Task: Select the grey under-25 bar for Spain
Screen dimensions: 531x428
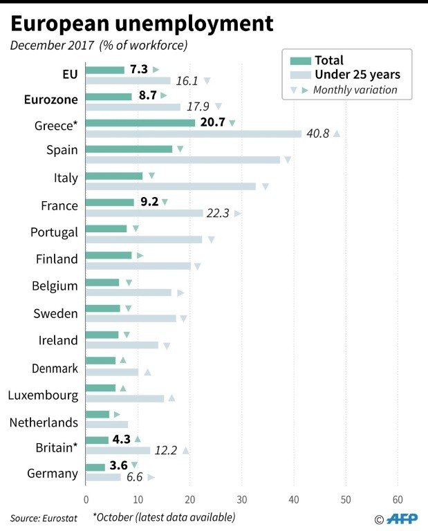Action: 183,160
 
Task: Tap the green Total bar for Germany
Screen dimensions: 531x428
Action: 95,467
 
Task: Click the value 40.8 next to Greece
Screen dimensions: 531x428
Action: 317,133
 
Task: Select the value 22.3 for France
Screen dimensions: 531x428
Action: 218,214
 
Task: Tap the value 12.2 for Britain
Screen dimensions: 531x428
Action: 166,450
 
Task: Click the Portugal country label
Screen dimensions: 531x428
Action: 54,232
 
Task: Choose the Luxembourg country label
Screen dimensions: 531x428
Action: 43,396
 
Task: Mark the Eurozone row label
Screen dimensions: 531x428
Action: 50,99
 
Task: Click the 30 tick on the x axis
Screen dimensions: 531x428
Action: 242,499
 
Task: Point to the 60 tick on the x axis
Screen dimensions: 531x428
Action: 398,499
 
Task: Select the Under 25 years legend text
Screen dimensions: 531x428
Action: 357,75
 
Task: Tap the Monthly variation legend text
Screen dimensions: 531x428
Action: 355,90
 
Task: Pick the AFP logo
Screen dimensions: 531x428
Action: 403,519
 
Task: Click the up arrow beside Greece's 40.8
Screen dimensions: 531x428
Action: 337,133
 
